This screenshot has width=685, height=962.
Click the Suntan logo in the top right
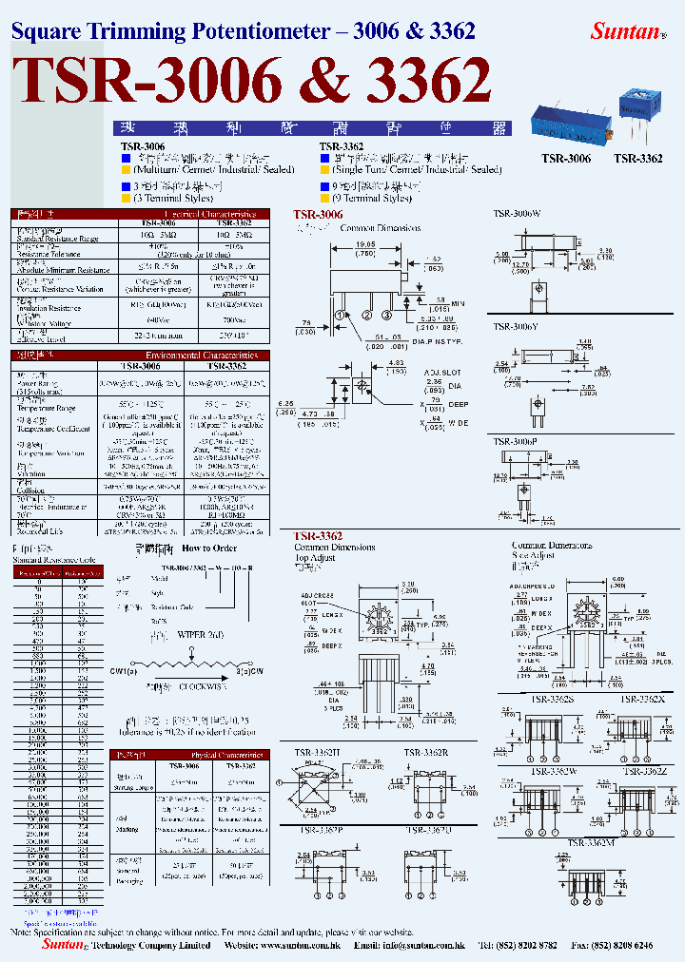click(625, 30)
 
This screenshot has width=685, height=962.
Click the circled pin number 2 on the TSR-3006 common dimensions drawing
click(363, 316)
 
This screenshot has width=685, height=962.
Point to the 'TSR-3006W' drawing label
click(516, 215)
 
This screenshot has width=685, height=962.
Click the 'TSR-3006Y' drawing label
click(516, 327)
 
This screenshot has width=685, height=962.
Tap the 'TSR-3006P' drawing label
click(516, 441)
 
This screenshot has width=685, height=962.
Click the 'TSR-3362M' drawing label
click(592, 842)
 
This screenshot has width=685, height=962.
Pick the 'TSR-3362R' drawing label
click(426, 753)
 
